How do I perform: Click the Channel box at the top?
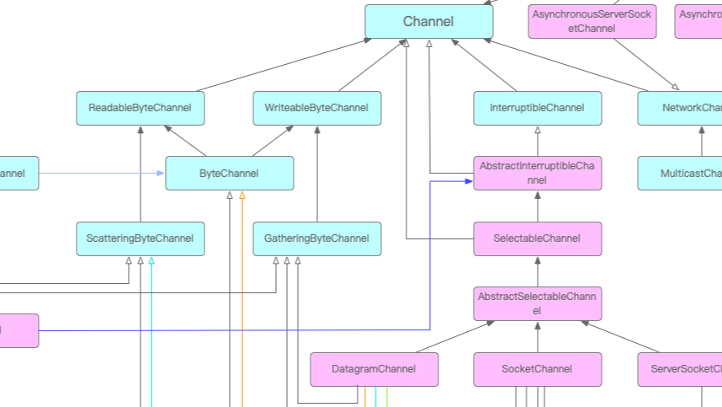[428, 22]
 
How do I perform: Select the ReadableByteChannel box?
[140, 108]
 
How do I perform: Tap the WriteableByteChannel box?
[316, 108]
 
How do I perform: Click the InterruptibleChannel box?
[537, 108]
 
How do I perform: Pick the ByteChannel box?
[229, 174]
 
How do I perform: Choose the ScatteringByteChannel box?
[140, 238]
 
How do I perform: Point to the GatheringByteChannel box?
[316, 238]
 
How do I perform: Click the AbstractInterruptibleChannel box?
[537, 174]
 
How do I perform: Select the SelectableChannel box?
[537, 238]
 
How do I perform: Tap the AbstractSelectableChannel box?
[537, 304]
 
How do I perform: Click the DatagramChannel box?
[374, 369]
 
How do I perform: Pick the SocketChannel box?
[537, 369]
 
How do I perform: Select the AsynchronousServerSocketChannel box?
[592, 22]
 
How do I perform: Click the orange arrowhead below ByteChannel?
[242, 195]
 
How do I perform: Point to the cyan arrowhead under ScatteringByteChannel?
[151, 260]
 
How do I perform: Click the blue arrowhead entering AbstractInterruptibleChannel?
[469, 180]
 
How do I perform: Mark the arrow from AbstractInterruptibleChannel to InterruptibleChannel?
[537, 141]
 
